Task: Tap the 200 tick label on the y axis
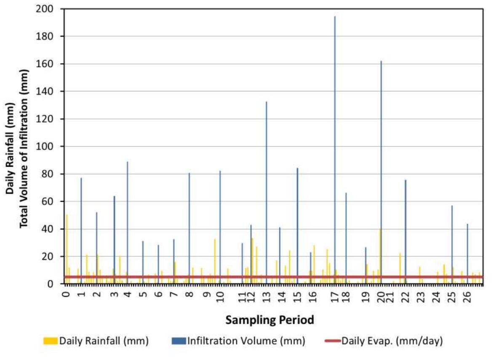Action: tap(51, 9)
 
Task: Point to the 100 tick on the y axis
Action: tap(51, 147)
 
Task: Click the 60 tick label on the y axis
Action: tap(53, 202)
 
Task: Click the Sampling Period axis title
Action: tap(270, 320)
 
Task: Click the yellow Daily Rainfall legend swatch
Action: tap(51, 341)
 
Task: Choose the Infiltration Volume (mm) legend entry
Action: tap(246, 341)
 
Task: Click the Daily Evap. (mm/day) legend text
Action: tap(392, 341)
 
